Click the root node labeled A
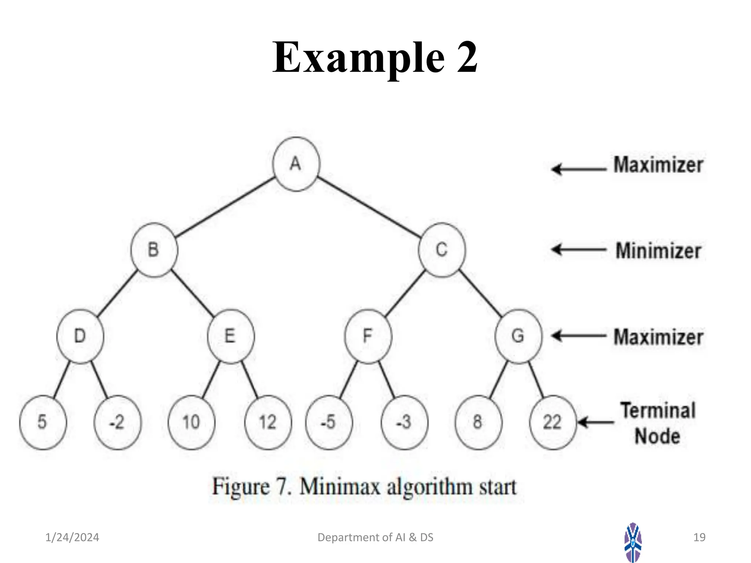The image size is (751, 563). tap(296, 164)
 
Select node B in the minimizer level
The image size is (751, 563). tap(154, 250)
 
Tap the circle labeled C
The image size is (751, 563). tap(442, 250)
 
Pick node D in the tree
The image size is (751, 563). tap(80, 336)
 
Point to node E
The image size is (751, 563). tap(231, 336)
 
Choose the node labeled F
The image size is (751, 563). tap(368, 336)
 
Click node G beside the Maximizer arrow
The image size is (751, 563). tap(518, 336)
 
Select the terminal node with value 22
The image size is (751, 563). tap(553, 422)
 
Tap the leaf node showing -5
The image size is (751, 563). tap(329, 422)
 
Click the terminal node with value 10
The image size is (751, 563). tap(191, 422)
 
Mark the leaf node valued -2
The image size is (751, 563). tap(117, 422)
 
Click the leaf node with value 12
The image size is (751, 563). tap(268, 422)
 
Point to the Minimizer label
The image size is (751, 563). tap(658, 251)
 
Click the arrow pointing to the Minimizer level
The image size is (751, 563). tap(579, 250)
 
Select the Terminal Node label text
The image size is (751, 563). tap(658, 423)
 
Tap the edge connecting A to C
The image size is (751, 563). tap(369, 207)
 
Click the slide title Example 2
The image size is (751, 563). tap(375, 58)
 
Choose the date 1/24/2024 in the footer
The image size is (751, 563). tap(72, 537)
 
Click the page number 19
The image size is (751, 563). tap(699, 537)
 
